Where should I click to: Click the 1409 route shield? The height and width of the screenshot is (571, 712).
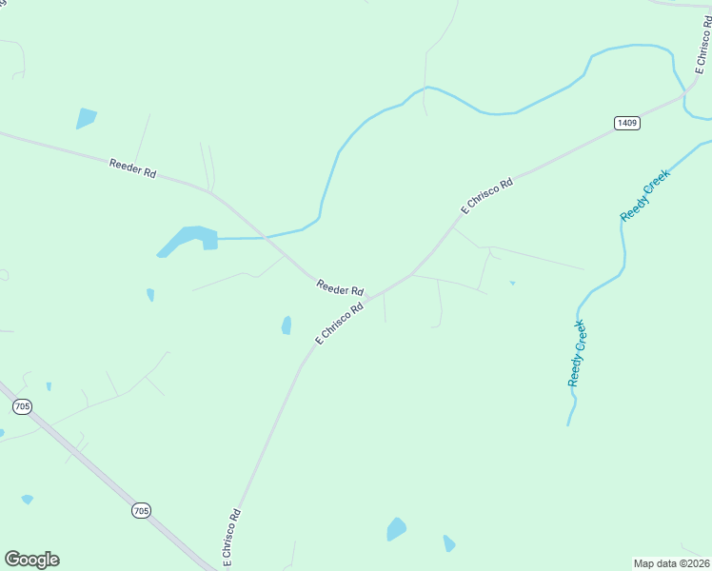(x=626, y=123)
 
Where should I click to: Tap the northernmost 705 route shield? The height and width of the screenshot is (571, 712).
(x=22, y=406)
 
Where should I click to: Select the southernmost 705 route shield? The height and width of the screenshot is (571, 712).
(x=141, y=511)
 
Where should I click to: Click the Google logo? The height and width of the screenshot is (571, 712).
(x=31, y=560)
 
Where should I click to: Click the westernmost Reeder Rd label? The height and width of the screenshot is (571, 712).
(x=132, y=167)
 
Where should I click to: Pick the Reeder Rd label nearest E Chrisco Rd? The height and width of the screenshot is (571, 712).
(x=340, y=286)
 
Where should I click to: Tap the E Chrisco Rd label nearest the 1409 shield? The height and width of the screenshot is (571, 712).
(x=486, y=195)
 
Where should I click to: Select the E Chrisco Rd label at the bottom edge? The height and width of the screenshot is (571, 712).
(x=231, y=540)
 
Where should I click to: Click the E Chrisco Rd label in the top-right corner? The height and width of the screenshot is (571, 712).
(x=702, y=53)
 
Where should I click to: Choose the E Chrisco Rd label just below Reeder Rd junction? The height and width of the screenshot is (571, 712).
(x=339, y=324)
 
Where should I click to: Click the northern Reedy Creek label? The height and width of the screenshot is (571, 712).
(x=645, y=195)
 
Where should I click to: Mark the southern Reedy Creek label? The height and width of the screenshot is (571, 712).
(x=577, y=354)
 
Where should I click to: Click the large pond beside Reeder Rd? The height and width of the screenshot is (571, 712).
(x=189, y=238)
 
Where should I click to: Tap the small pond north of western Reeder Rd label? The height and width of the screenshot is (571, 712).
(x=86, y=119)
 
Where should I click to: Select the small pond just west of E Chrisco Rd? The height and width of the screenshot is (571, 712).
(x=287, y=325)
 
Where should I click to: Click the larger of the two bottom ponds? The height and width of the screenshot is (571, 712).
(x=396, y=529)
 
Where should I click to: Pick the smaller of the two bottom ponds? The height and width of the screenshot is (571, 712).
(x=448, y=543)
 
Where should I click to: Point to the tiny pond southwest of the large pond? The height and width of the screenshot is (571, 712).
(x=150, y=295)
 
